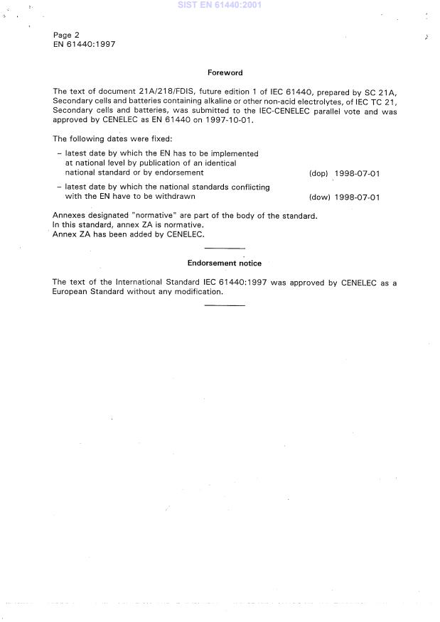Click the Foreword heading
pyautogui.click(x=225, y=72)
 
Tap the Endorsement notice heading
pyautogui.click(x=224, y=263)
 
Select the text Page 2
pyautogui.click(x=66, y=35)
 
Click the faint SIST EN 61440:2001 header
pyautogui.click(x=220, y=5)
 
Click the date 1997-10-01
pyautogui.click(x=230, y=120)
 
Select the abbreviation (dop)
pyautogui.click(x=318, y=173)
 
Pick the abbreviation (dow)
pyautogui.click(x=319, y=197)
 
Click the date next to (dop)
pyautogui.click(x=357, y=173)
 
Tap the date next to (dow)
pyautogui.click(x=357, y=197)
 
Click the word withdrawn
pyautogui.click(x=175, y=196)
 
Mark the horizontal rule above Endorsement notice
pyautogui.click(x=224, y=249)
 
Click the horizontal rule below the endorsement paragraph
pyautogui.click(x=224, y=305)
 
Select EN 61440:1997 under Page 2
pyautogui.click(x=85, y=44)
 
